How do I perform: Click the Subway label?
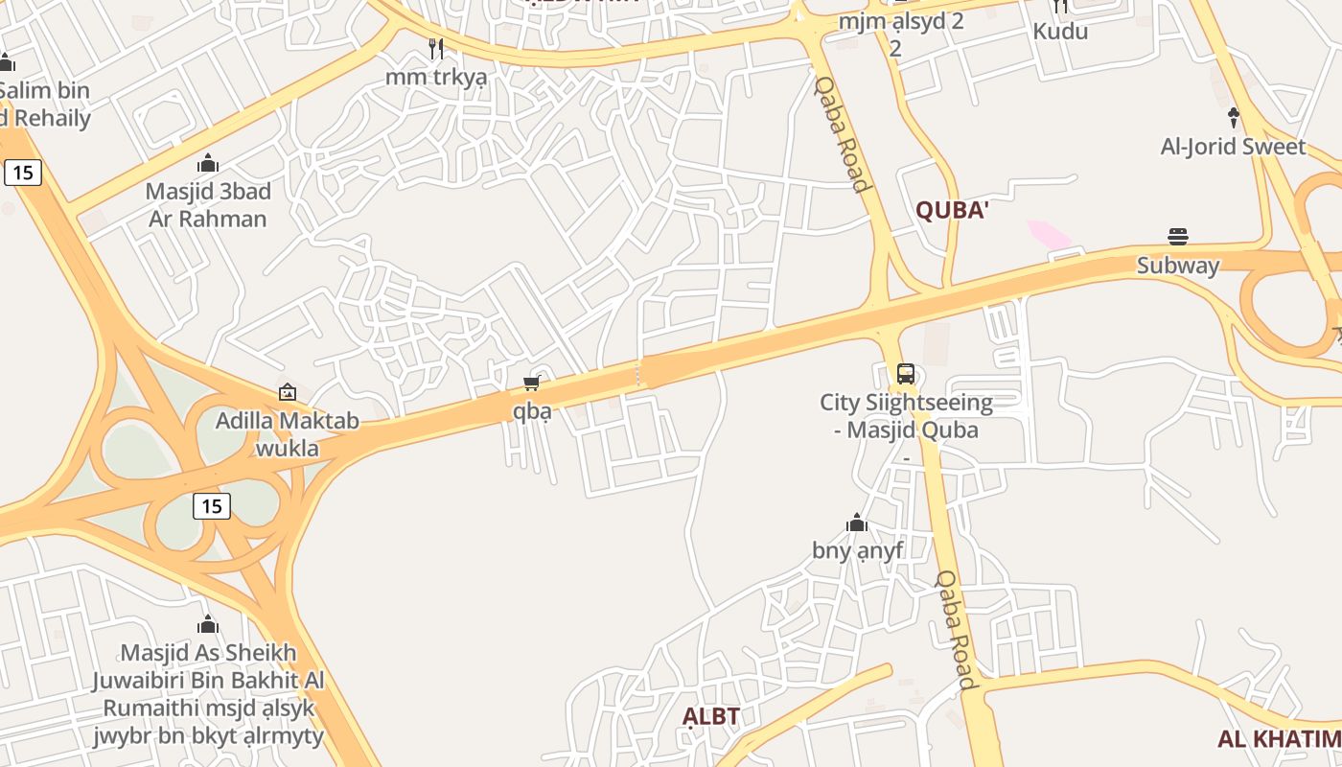pyautogui.click(x=1178, y=266)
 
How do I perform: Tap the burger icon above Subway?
pyautogui.click(x=1178, y=237)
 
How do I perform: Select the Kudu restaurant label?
pyautogui.click(x=1060, y=32)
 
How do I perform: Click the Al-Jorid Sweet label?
pyautogui.click(x=1233, y=147)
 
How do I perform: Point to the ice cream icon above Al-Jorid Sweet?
pyautogui.click(x=1234, y=118)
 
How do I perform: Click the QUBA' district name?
pyautogui.click(x=951, y=211)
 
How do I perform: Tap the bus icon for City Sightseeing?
pyautogui.click(x=906, y=374)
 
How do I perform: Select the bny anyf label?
pyautogui.click(x=857, y=550)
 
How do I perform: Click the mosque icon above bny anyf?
pyautogui.click(x=857, y=523)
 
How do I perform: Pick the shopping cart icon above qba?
pyautogui.click(x=532, y=383)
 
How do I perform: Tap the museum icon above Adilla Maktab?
pyautogui.click(x=287, y=392)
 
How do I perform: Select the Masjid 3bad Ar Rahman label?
pyautogui.click(x=208, y=204)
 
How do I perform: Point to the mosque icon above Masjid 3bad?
pyautogui.click(x=208, y=164)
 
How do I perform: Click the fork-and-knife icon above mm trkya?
pyautogui.click(x=436, y=49)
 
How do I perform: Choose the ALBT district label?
pyautogui.click(x=711, y=716)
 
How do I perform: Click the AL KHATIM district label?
pyautogui.click(x=1279, y=738)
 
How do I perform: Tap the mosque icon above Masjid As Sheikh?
pyautogui.click(x=208, y=625)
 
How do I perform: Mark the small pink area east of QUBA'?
pyautogui.click(x=1050, y=234)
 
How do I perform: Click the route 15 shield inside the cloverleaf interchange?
pyautogui.click(x=212, y=505)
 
